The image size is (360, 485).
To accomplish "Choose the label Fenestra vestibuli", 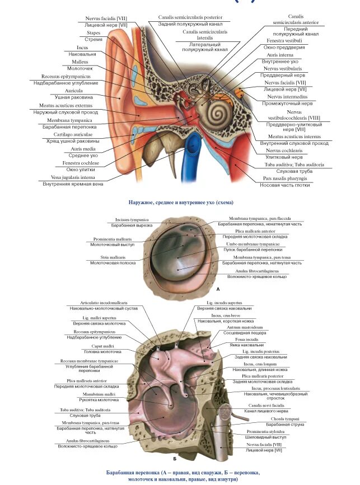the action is click(284, 41).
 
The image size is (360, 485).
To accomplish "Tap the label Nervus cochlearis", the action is click(287, 150).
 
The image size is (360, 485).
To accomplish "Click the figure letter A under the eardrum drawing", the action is click(218, 290).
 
